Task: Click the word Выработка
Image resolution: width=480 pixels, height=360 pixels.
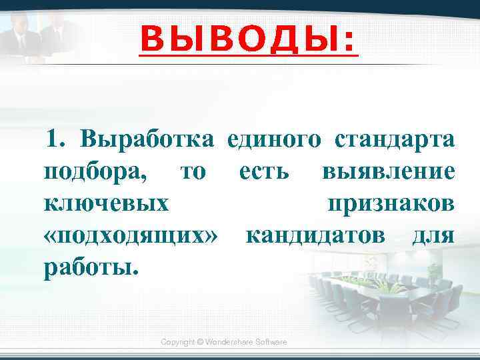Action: pyautogui.click(x=147, y=140)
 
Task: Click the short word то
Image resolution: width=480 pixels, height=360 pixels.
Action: pyautogui.click(x=193, y=172)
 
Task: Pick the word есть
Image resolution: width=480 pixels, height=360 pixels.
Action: pyautogui.click(x=263, y=172)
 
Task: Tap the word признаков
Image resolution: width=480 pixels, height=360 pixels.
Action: pyautogui.click(x=392, y=203)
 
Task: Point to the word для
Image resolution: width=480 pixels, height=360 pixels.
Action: pyautogui.click(x=434, y=235)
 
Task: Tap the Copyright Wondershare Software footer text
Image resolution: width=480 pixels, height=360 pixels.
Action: pyautogui.click(x=224, y=342)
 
